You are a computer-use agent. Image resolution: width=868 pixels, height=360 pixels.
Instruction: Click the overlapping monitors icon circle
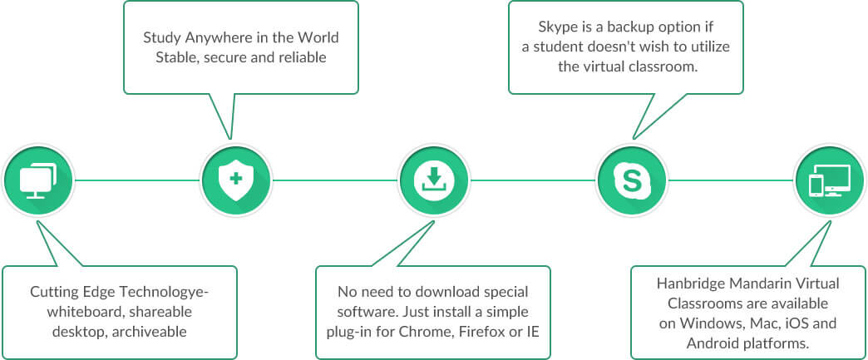click(37, 179)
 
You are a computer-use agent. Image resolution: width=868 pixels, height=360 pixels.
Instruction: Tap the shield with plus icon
click(235, 179)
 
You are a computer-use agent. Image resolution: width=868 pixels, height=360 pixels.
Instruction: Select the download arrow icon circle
click(433, 179)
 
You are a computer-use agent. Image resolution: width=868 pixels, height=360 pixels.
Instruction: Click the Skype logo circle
click(631, 179)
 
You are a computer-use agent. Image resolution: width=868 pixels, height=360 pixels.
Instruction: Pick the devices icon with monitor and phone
click(829, 179)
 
